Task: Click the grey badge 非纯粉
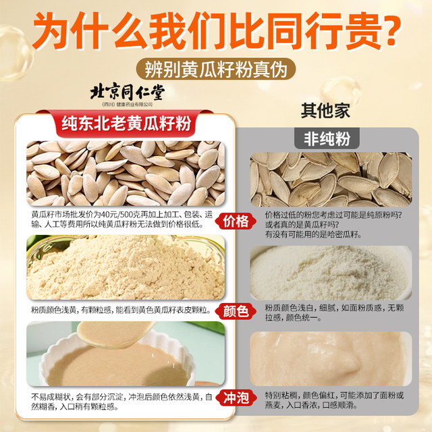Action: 327,138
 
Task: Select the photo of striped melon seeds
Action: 331,179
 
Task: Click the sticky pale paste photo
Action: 331,358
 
